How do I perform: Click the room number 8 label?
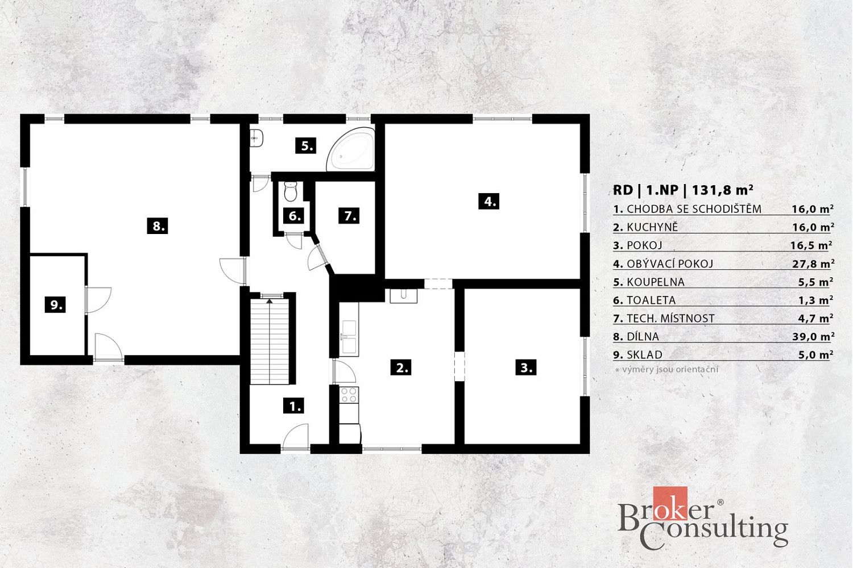[158, 227]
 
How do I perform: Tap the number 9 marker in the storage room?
[55, 305]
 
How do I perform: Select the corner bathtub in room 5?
[351, 149]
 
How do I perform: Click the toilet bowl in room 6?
[291, 191]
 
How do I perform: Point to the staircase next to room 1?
[270, 341]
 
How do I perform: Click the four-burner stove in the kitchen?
[349, 395]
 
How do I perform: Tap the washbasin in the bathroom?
[256, 138]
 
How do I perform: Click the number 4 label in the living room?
[489, 201]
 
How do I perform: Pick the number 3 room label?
[526, 367]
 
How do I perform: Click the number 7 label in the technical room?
[349, 216]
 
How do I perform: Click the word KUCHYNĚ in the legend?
[652, 228]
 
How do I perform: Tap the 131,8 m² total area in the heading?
[722, 190]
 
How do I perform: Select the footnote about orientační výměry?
[667, 369]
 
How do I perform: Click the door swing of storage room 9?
[98, 300]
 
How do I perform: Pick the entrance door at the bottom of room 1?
[296, 437]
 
